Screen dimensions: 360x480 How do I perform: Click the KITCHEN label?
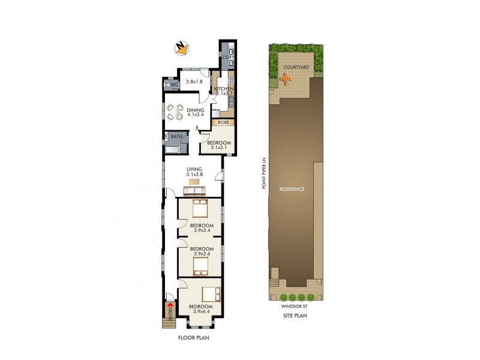pyautogui.click(x=223, y=89)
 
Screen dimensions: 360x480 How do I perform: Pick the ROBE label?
pyautogui.click(x=223, y=122)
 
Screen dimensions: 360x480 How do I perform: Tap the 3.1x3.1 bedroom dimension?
pyautogui.click(x=218, y=148)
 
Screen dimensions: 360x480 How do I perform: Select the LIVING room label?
pyautogui.click(x=194, y=169)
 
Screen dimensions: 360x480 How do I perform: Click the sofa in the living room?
pyautogui.click(x=194, y=191)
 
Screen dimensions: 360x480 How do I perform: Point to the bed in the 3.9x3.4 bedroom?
pyautogui.click(x=200, y=209)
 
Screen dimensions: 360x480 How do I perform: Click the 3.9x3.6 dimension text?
pyautogui.click(x=202, y=254)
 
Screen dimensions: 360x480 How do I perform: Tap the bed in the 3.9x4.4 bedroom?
pyautogui.click(x=209, y=294)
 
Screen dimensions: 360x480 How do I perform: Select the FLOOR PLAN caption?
pyautogui.click(x=193, y=338)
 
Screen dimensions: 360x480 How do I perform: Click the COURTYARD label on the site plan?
pyautogui.click(x=296, y=68)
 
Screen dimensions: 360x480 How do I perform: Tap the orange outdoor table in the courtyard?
pyautogui.click(x=287, y=79)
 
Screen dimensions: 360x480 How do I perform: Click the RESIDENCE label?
pyautogui.click(x=292, y=189)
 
